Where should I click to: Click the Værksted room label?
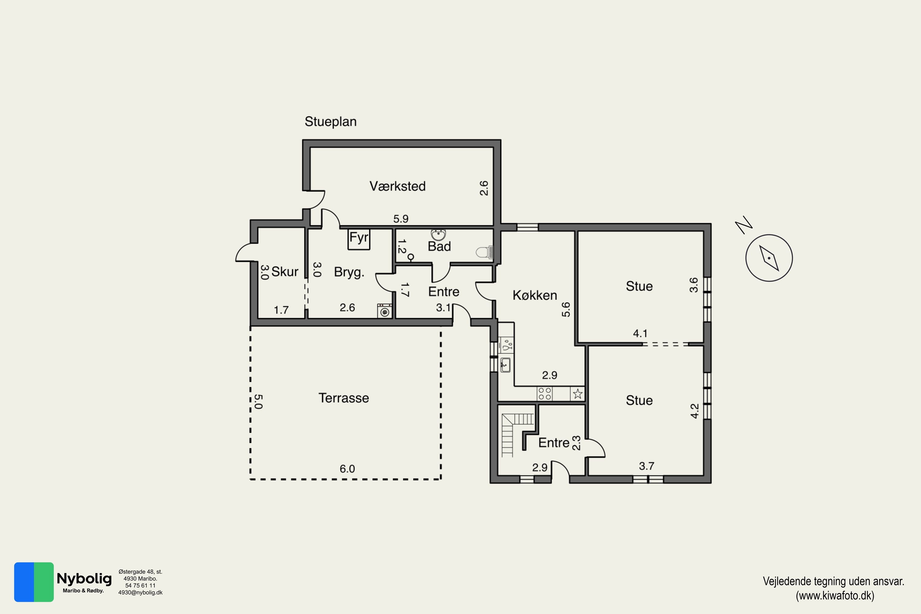[x=398, y=186]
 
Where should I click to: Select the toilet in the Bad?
[x=484, y=252]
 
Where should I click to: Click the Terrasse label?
[x=344, y=398]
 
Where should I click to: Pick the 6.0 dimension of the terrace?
[x=347, y=469]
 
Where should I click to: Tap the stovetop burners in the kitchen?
[x=545, y=394]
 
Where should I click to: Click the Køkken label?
[x=534, y=295]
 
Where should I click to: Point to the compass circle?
[x=769, y=258]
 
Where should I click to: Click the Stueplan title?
[x=331, y=122]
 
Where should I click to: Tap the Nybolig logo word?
[x=84, y=579]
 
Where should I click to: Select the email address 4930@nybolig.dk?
[x=140, y=593]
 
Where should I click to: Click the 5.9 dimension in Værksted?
[x=401, y=219]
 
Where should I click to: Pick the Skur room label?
[x=285, y=271]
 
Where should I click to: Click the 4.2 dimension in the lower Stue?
[x=694, y=411]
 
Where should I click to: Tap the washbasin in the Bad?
[x=438, y=235]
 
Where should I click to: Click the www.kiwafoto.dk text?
[x=835, y=596]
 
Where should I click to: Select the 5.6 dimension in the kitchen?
[x=566, y=309]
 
